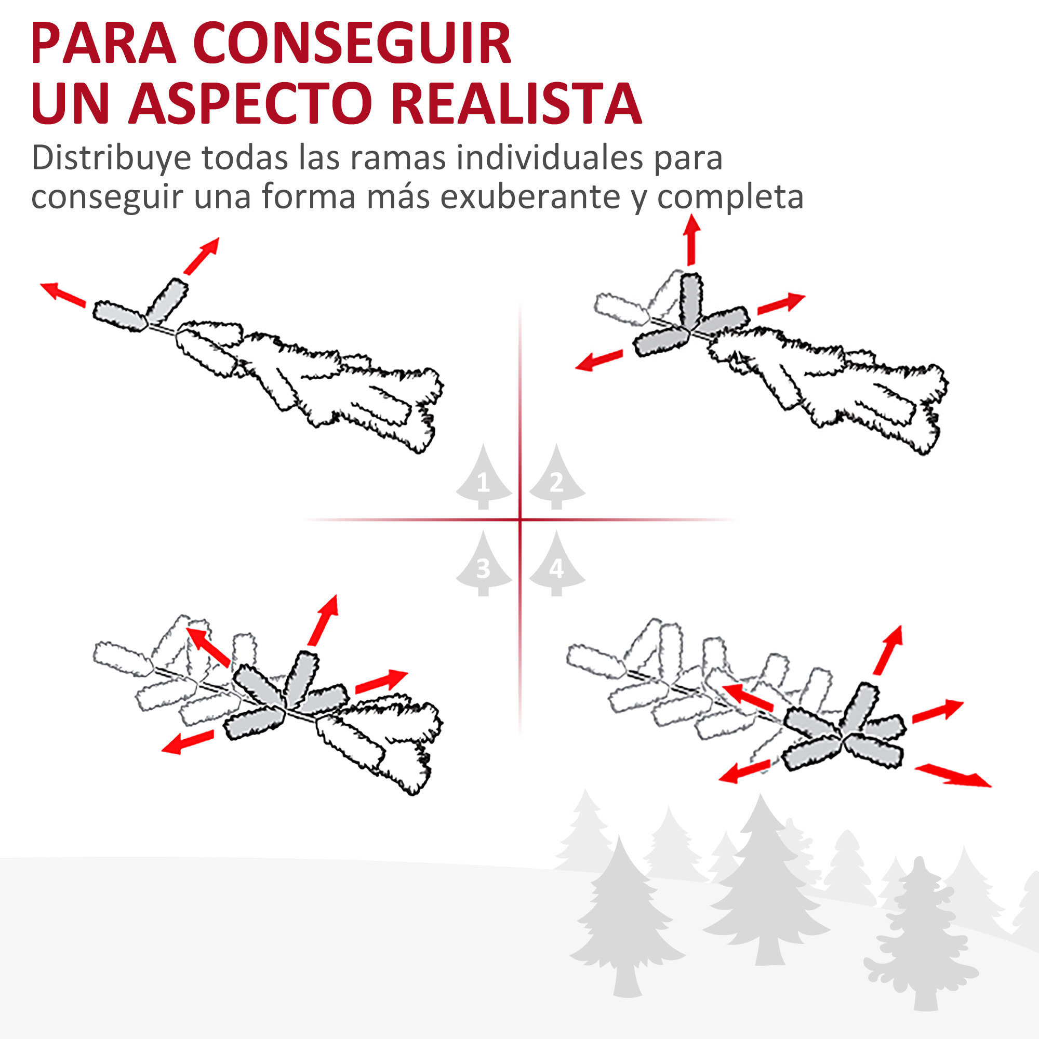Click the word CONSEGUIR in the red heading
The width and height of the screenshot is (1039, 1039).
pyautogui.click(x=352, y=44)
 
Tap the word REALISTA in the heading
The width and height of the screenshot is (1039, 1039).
pyautogui.click(x=516, y=103)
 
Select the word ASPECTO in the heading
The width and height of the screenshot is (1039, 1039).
pyautogui.click(x=250, y=103)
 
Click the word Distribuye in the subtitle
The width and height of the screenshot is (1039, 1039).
pyautogui.click(x=111, y=158)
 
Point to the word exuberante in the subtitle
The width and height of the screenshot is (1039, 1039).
pyautogui.click(x=532, y=197)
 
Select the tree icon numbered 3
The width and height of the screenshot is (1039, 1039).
pyautogui.click(x=483, y=565)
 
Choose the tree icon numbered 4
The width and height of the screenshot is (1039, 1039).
pyautogui.click(x=556, y=565)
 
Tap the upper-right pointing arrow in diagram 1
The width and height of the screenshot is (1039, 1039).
pyautogui.click(x=202, y=256)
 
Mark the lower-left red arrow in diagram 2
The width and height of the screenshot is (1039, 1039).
pyautogui.click(x=599, y=361)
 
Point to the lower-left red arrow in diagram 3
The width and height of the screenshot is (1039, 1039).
pyautogui.click(x=188, y=742)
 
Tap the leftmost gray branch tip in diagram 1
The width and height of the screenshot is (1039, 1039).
pyautogui.click(x=120, y=317)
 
